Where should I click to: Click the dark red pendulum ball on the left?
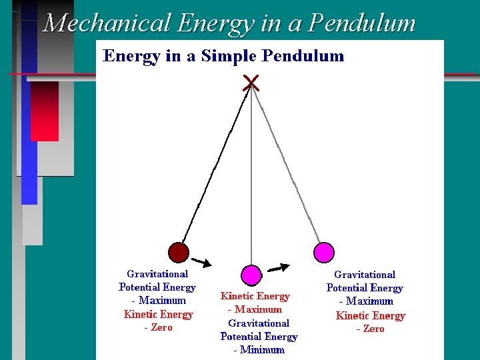coord(178,252)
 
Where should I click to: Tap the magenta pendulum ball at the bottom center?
coord(251,275)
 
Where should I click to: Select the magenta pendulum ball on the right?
coord(323,251)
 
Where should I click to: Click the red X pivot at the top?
coord(251,83)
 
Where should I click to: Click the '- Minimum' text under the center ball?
coord(259,350)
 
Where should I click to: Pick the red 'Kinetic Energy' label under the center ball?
coord(255,296)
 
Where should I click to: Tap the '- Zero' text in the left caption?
coord(158,328)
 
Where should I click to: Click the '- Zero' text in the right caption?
coord(370,329)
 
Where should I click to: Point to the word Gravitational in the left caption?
coord(157,274)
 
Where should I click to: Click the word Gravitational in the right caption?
coord(365,275)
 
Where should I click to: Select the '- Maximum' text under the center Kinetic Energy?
coord(255,309)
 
